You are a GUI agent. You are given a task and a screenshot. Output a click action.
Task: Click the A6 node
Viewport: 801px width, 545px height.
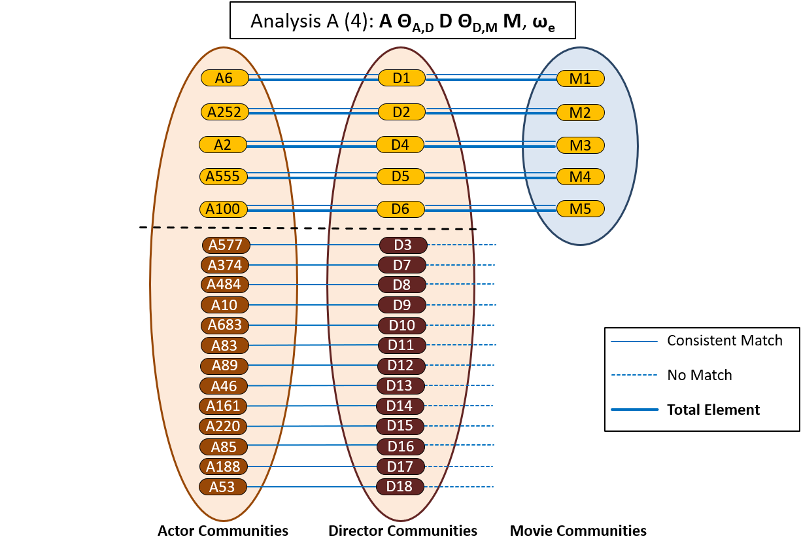[224, 78]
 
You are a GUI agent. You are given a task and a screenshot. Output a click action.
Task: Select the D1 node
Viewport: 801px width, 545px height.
[401, 78]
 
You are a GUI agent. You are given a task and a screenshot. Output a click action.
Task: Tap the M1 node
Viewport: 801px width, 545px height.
[580, 79]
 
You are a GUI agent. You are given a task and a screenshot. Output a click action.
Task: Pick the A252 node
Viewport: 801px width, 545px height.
[224, 112]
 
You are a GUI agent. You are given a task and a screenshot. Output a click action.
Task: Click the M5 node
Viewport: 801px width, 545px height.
[580, 209]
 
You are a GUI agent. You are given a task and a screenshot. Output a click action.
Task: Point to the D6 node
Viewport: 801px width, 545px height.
[400, 209]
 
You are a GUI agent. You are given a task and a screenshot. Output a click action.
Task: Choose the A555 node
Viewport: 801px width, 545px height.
[223, 176]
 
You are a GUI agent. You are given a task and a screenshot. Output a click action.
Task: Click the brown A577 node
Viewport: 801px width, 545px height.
[226, 245]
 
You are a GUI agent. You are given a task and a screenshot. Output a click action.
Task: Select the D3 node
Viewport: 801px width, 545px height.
[403, 245]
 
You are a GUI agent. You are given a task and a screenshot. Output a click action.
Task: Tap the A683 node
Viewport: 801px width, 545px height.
[225, 325]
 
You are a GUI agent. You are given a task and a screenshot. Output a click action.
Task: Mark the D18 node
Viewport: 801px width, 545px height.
[400, 487]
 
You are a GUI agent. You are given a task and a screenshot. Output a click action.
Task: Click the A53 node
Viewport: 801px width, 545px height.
[223, 487]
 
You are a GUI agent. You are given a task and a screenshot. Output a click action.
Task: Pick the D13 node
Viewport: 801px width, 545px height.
[400, 386]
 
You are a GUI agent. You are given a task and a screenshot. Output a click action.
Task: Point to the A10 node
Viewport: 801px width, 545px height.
[225, 305]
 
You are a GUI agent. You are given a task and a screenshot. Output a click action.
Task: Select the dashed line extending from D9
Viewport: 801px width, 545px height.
[461, 305]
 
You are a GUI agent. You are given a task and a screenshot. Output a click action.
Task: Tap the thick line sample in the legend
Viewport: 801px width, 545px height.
[634, 410]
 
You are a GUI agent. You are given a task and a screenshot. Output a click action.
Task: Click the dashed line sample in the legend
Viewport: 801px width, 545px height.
[634, 375]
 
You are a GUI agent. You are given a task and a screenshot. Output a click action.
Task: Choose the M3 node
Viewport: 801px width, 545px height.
[580, 145]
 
